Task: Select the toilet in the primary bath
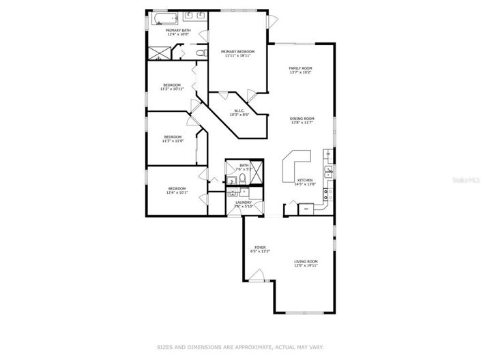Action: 199,52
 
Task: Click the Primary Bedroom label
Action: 237,52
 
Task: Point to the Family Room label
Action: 300,68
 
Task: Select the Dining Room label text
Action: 302,118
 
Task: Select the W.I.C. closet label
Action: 239,110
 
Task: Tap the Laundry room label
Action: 244,202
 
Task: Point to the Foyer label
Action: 260,247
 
